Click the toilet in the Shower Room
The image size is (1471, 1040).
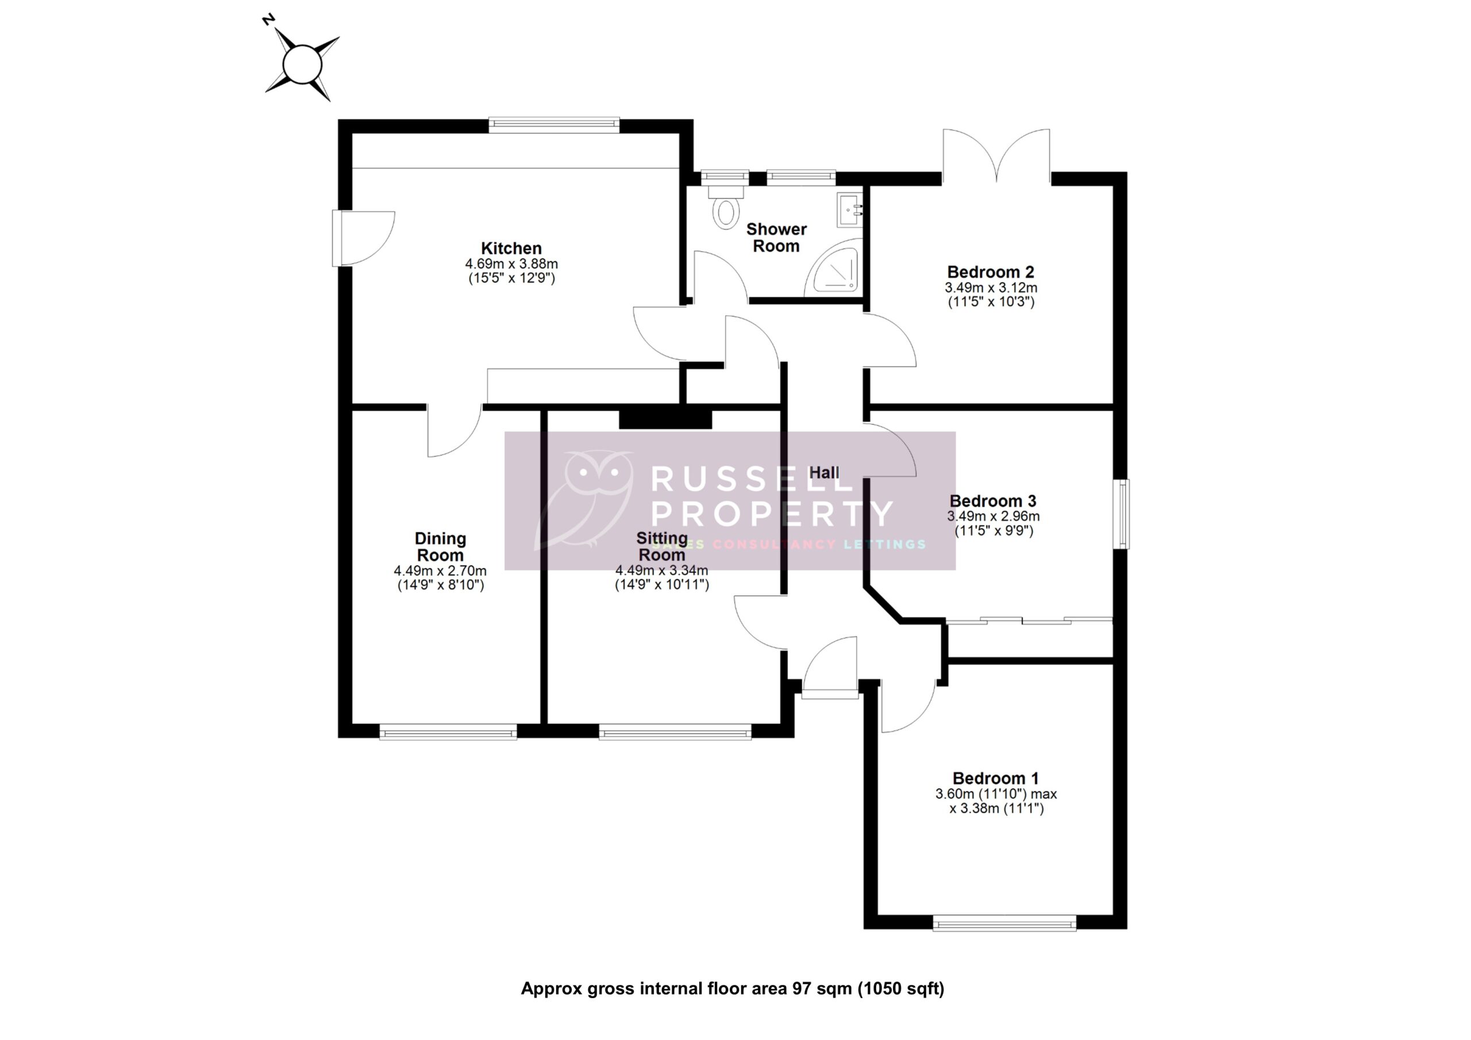[726, 210]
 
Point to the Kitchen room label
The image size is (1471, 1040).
[511, 248]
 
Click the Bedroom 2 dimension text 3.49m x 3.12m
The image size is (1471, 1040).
[991, 288]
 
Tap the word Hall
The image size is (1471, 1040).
[824, 473]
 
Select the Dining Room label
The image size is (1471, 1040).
[440, 546]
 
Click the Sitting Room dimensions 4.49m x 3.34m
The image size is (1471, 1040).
[662, 571]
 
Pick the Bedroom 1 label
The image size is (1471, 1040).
[996, 778]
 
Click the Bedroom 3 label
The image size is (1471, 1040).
[993, 500]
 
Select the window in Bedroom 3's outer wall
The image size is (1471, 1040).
[1124, 514]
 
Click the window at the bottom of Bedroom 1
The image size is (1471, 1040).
[1004, 923]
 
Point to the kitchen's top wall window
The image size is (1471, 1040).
[554, 124]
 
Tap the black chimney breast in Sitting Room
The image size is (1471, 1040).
[665, 419]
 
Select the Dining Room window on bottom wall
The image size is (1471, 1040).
[448, 732]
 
